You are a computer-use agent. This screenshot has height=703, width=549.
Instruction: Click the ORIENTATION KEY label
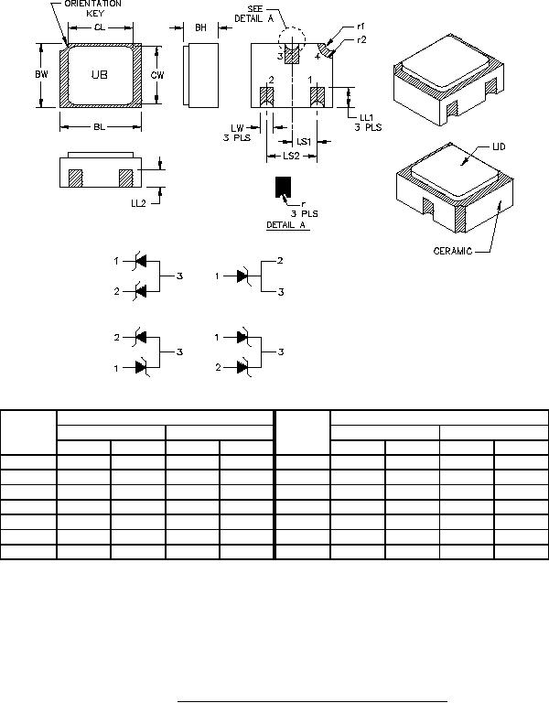click(x=92, y=8)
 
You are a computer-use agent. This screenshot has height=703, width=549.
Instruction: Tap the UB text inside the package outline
click(x=100, y=75)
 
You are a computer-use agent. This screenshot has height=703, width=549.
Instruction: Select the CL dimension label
click(x=100, y=27)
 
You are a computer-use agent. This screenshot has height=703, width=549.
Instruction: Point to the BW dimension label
click(x=42, y=74)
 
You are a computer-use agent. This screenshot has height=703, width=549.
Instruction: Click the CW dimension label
click(x=157, y=75)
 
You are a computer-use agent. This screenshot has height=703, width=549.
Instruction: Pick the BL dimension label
click(x=100, y=127)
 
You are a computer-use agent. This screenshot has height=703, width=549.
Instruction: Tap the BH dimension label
click(x=200, y=27)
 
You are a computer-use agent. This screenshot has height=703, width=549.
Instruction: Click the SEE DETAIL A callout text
click(x=254, y=14)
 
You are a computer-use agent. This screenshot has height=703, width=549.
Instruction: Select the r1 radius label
click(x=361, y=27)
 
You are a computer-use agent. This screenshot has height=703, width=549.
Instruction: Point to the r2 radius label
click(x=361, y=40)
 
